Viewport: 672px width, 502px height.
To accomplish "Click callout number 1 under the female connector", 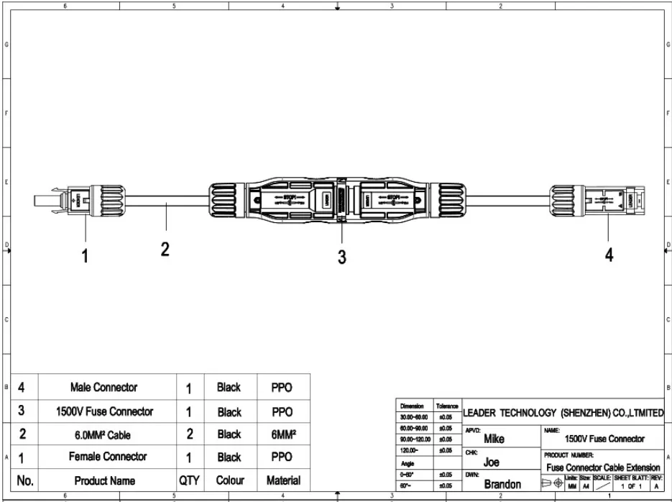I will coord(86,255).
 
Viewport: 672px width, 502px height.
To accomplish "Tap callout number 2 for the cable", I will coord(165,250).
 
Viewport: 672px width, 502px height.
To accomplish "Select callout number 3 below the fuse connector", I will coord(342,257).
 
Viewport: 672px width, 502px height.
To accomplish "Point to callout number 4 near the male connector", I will coord(609,255).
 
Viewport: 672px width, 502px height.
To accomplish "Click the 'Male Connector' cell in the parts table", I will coord(104,388).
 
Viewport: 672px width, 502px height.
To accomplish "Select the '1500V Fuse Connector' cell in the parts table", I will coord(104,411).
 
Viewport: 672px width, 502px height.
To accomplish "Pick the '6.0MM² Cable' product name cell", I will coord(104,434).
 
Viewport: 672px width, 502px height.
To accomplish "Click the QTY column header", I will coord(188,480).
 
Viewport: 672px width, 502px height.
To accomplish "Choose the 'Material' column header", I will coord(283,480).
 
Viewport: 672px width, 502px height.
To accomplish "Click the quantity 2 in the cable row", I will coord(188,434).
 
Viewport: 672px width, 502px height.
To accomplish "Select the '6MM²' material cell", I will coord(283,434).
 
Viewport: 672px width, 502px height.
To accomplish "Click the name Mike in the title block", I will coord(494,439).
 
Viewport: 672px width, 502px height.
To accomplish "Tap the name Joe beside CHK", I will coord(491,462).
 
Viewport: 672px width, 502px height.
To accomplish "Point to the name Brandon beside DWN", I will coord(502,484).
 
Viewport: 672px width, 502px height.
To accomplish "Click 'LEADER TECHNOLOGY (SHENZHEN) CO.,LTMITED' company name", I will coord(563,413).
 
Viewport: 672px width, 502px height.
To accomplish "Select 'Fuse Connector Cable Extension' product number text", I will coord(603,467).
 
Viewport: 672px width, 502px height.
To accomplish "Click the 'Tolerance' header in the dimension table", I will coord(447,406).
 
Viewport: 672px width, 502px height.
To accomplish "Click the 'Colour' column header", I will coord(230,480).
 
